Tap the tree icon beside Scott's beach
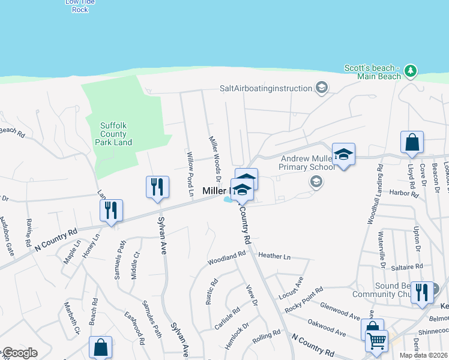click(x=411, y=71)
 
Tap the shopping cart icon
click(x=376, y=340)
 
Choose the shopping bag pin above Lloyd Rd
click(x=412, y=143)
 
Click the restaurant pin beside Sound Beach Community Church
click(x=422, y=292)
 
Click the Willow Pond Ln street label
click(x=190, y=175)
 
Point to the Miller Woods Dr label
click(x=215, y=159)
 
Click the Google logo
click(x=20, y=353)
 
